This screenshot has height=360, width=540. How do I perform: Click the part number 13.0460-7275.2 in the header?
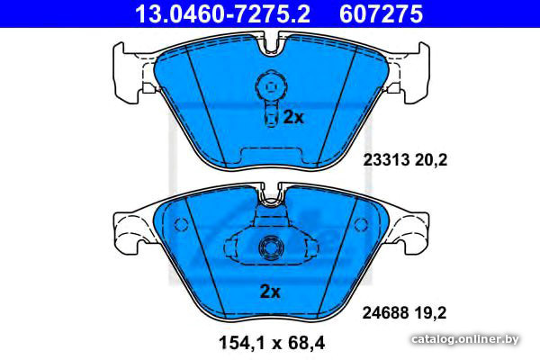point(222,13)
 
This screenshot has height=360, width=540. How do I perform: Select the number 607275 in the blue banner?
point(381,13)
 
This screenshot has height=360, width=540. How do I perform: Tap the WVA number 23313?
point(386,160)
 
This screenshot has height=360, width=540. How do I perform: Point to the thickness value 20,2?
point(430,160)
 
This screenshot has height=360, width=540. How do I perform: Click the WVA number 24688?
point(385,313)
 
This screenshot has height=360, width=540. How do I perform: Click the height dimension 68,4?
point(307,343)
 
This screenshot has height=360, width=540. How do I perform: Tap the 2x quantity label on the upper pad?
point(293,117)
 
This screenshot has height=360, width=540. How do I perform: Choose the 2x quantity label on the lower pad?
point(270,292)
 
